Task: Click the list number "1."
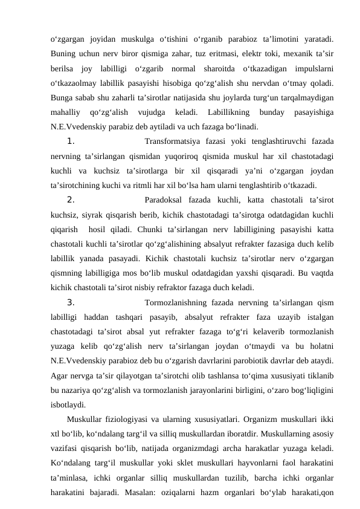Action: [x=70, y=142]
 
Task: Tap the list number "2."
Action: [x=70, y=201]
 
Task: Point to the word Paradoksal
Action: [x=167, y=201]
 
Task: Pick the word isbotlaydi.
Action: [x=68, y=404]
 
